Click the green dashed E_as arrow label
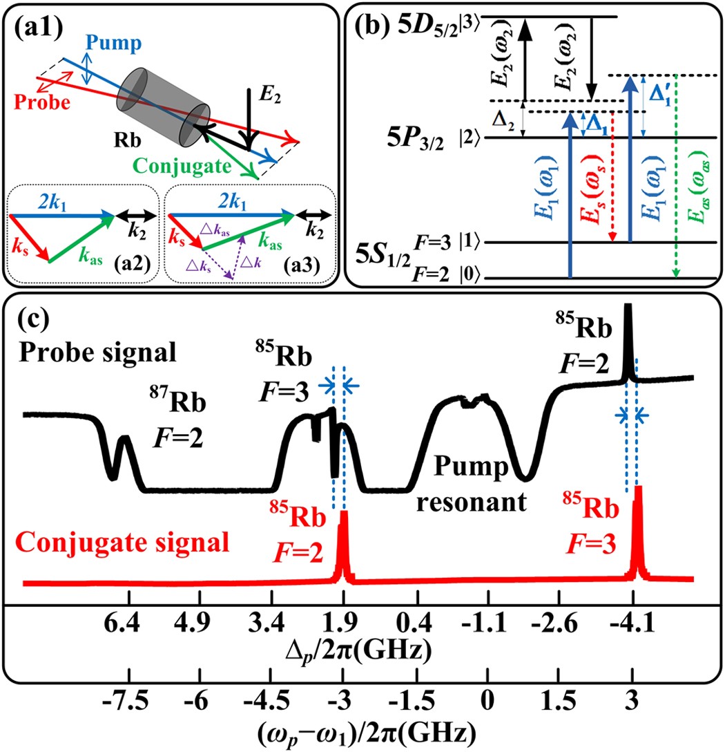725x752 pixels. pos(691,204)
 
